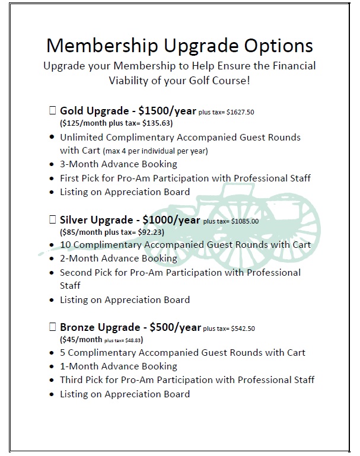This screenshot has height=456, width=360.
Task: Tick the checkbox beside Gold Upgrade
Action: tap(52, 110)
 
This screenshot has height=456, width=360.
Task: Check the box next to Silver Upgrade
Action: tap(52, 219)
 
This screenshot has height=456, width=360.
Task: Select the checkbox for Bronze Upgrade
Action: tap(52, 327)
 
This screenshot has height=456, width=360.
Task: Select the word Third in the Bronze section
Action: tap(72, 380)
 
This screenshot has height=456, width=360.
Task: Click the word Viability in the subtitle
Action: tap(132, 79)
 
